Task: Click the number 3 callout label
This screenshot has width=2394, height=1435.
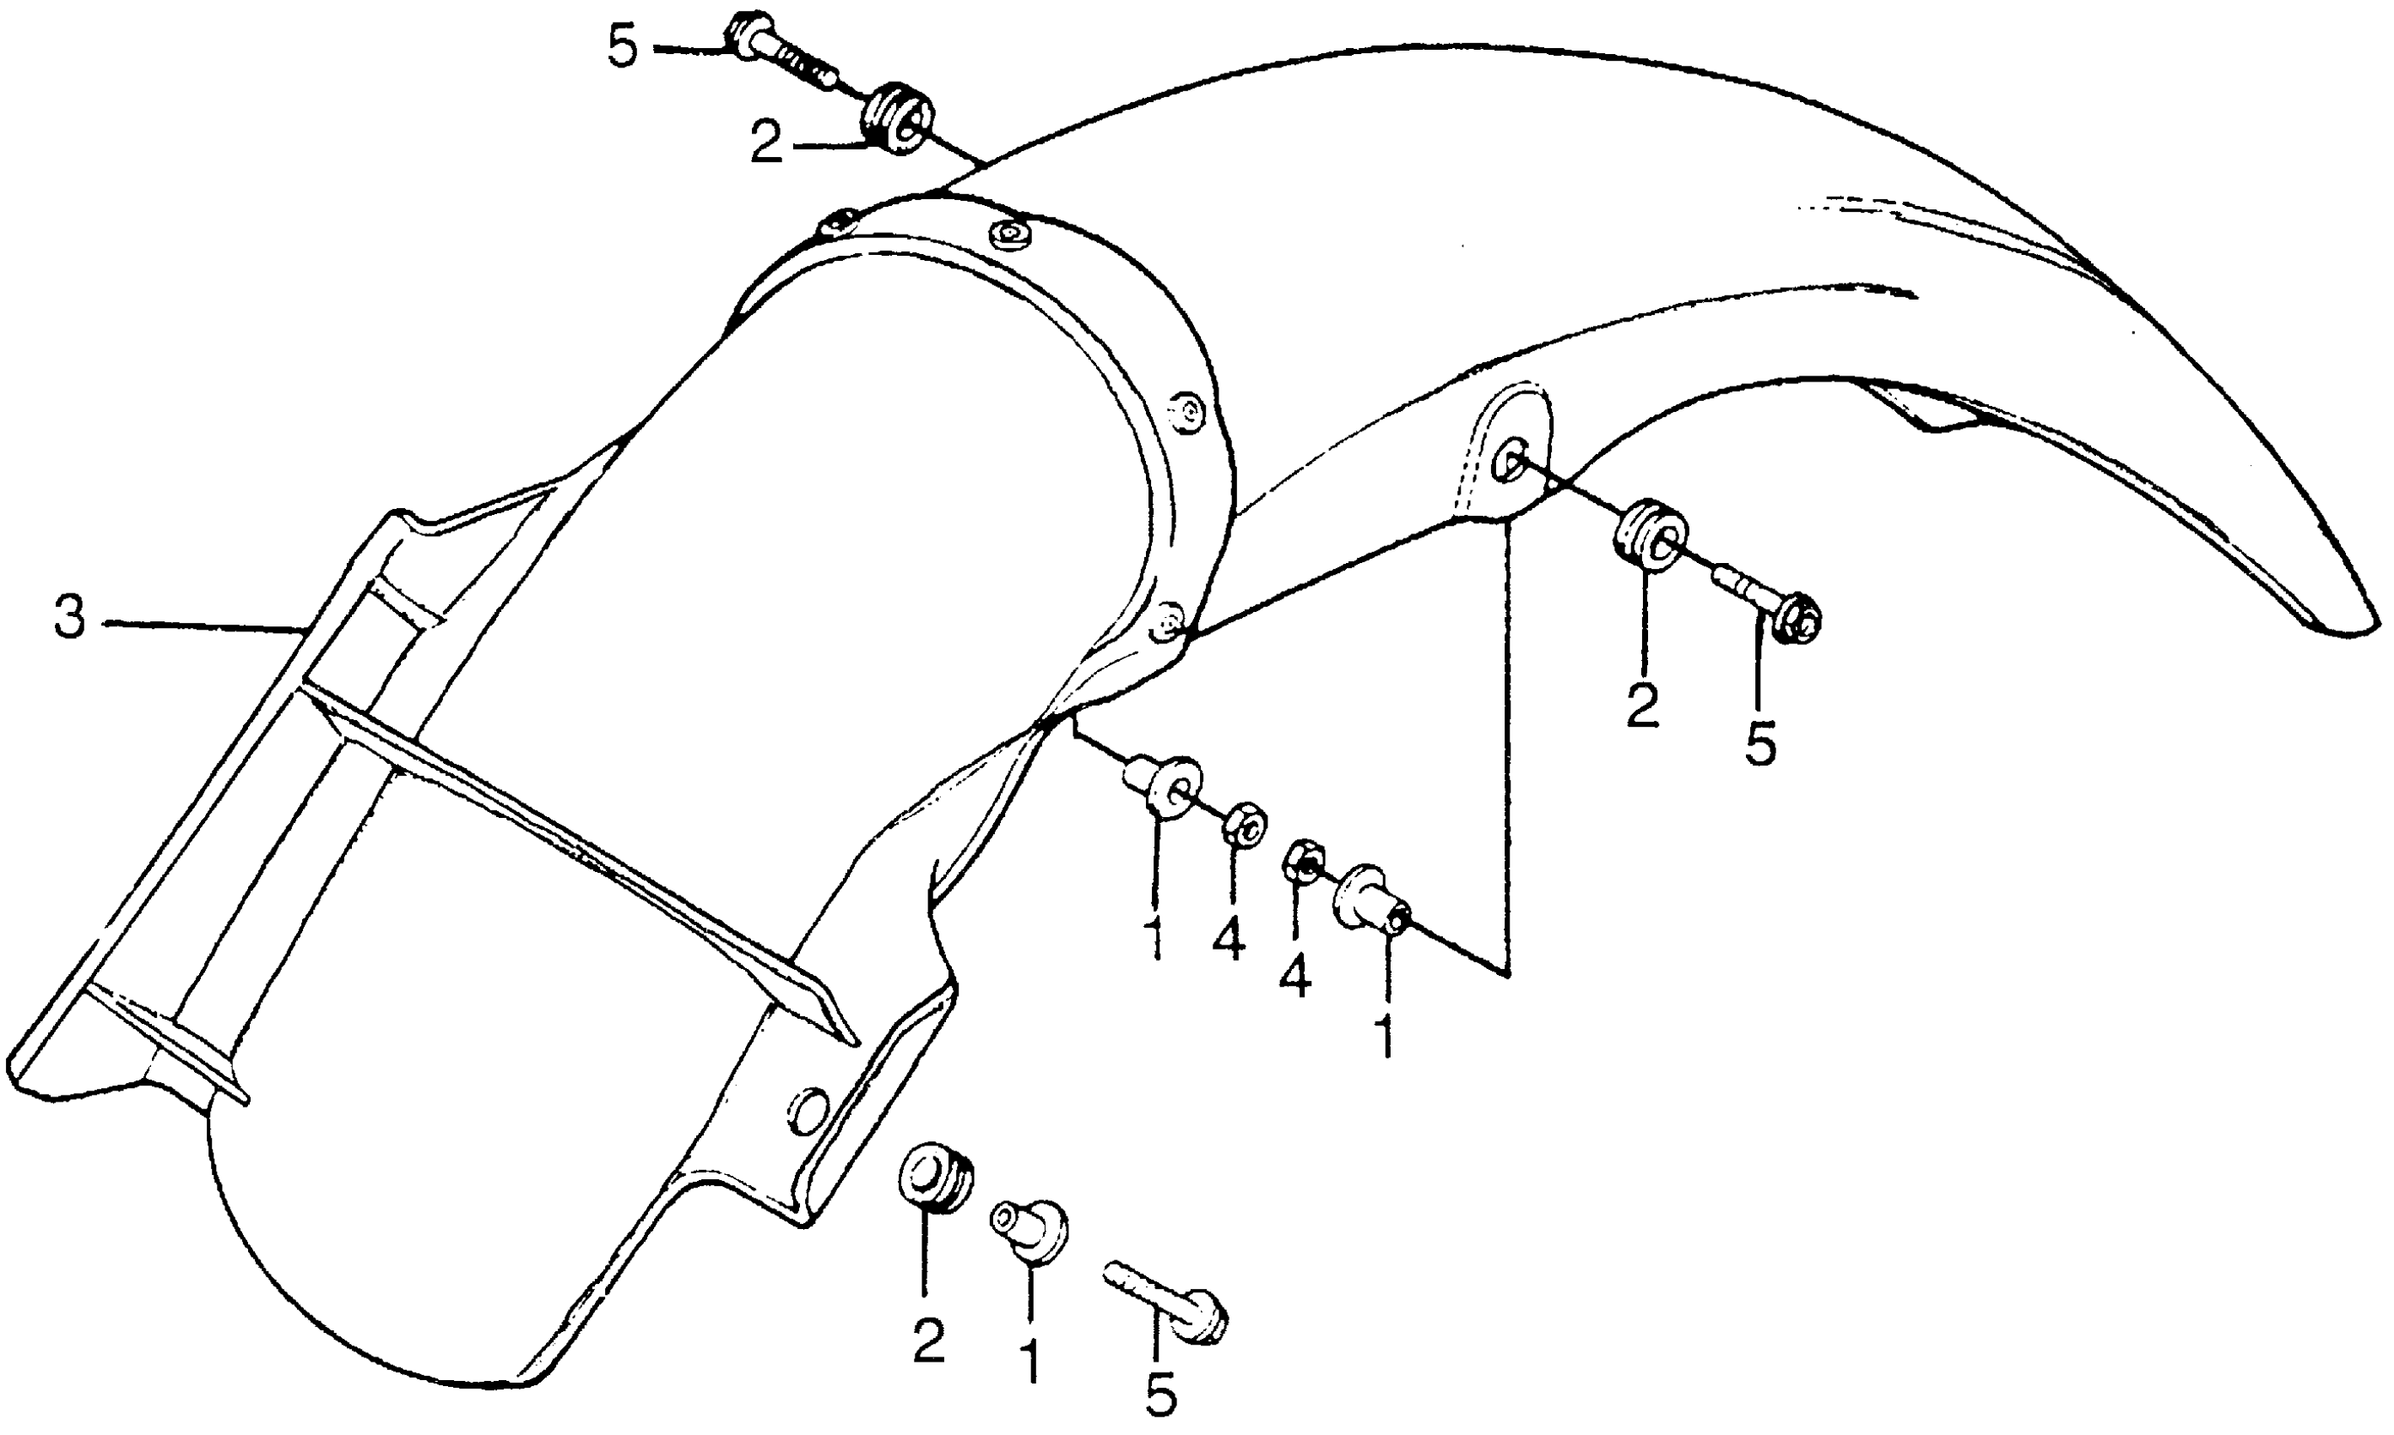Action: pos(69,618)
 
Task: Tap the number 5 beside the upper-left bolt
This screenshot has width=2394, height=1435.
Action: pos(624,47)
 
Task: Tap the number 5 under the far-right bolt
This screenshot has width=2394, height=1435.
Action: pos(1760,745)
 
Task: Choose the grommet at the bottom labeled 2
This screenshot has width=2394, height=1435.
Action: pos(935,1178)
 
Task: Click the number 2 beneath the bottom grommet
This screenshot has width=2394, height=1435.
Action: pos(928,1342)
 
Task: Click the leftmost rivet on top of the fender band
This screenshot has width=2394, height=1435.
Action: pos(833,225)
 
